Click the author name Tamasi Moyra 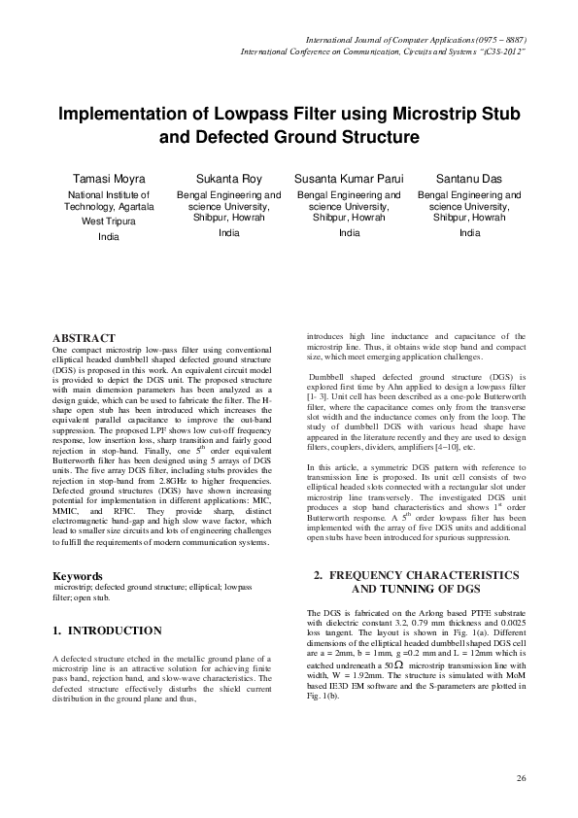coord(103,180)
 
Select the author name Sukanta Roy coord(228,180)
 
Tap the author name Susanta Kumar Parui coord(349,180)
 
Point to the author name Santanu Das coord(470,180)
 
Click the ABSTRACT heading coord(84,337)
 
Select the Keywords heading coord(78,576)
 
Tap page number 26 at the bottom coord(521,779)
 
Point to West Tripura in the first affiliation coord(103,221)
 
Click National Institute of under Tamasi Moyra coord(103,195)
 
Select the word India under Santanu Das coord(470,233)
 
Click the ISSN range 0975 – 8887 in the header coord(500,39)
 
